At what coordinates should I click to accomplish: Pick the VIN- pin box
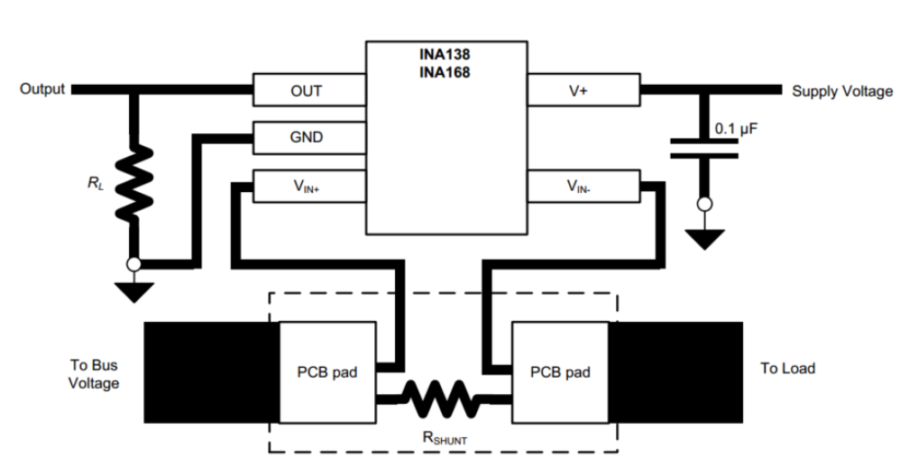(582, 187)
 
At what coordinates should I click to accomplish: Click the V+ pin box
(582, 91)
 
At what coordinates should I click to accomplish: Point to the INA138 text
(445, 54)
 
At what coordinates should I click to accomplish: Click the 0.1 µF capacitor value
(736, 130)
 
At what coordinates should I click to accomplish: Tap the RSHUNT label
(445, 438)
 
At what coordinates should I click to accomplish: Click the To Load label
(788, 369)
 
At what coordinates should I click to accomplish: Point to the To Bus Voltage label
(94, 374)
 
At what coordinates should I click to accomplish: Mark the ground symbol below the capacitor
(704, 239)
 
